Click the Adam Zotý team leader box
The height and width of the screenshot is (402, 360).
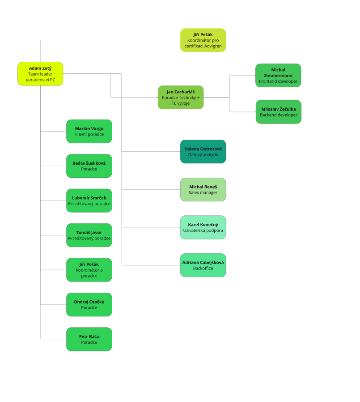click(x=40, y=74)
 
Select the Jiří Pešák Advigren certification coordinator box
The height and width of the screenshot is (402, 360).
click(x=203, y=40)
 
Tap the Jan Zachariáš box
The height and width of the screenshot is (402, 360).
click(x=181, y=97)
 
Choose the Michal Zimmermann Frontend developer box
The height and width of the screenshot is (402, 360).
click(x=278, y=75)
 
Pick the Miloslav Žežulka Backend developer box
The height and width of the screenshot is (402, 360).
click(x=278, y=112)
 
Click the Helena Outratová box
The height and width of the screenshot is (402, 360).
click(x=203, y=151)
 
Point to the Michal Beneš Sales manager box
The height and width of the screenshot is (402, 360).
click(x=203, y=189)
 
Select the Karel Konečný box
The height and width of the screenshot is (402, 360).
click(x=203, y=227)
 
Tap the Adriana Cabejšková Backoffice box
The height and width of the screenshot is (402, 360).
click(x=203, y=265)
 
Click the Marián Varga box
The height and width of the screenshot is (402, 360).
click(x=89, y=131)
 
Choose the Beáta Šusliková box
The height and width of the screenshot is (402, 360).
click(x=89, y=166)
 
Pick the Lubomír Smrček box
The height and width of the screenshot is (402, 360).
click(x=89, y=201)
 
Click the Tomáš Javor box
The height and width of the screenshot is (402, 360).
click(x=89, y=235)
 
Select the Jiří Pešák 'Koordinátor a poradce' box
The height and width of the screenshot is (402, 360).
click(x=89, y=269)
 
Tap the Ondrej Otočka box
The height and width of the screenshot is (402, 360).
click(x=89, y=304)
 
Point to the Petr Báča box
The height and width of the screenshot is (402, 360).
click(x=89, y=339)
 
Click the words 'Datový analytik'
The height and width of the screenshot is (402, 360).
click(x=203, y=154)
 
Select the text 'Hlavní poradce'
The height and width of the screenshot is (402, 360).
click(x=89, y=134)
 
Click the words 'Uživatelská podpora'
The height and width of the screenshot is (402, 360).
click(x=203, y=230)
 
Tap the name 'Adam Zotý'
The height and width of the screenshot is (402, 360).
click(x=40, y=68)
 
